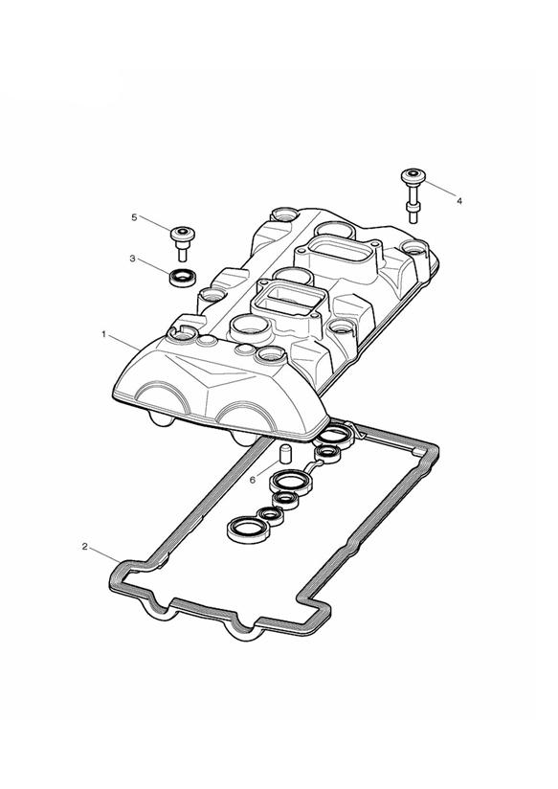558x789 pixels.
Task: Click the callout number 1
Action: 104,333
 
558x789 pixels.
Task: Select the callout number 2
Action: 85,546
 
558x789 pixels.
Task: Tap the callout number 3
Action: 132,259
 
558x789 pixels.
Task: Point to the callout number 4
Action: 459,201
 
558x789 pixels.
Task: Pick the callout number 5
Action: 134,216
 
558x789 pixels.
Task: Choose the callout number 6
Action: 252,480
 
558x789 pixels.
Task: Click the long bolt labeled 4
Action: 413,195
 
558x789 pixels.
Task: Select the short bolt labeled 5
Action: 182,243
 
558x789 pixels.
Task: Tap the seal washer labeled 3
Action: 182,278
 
